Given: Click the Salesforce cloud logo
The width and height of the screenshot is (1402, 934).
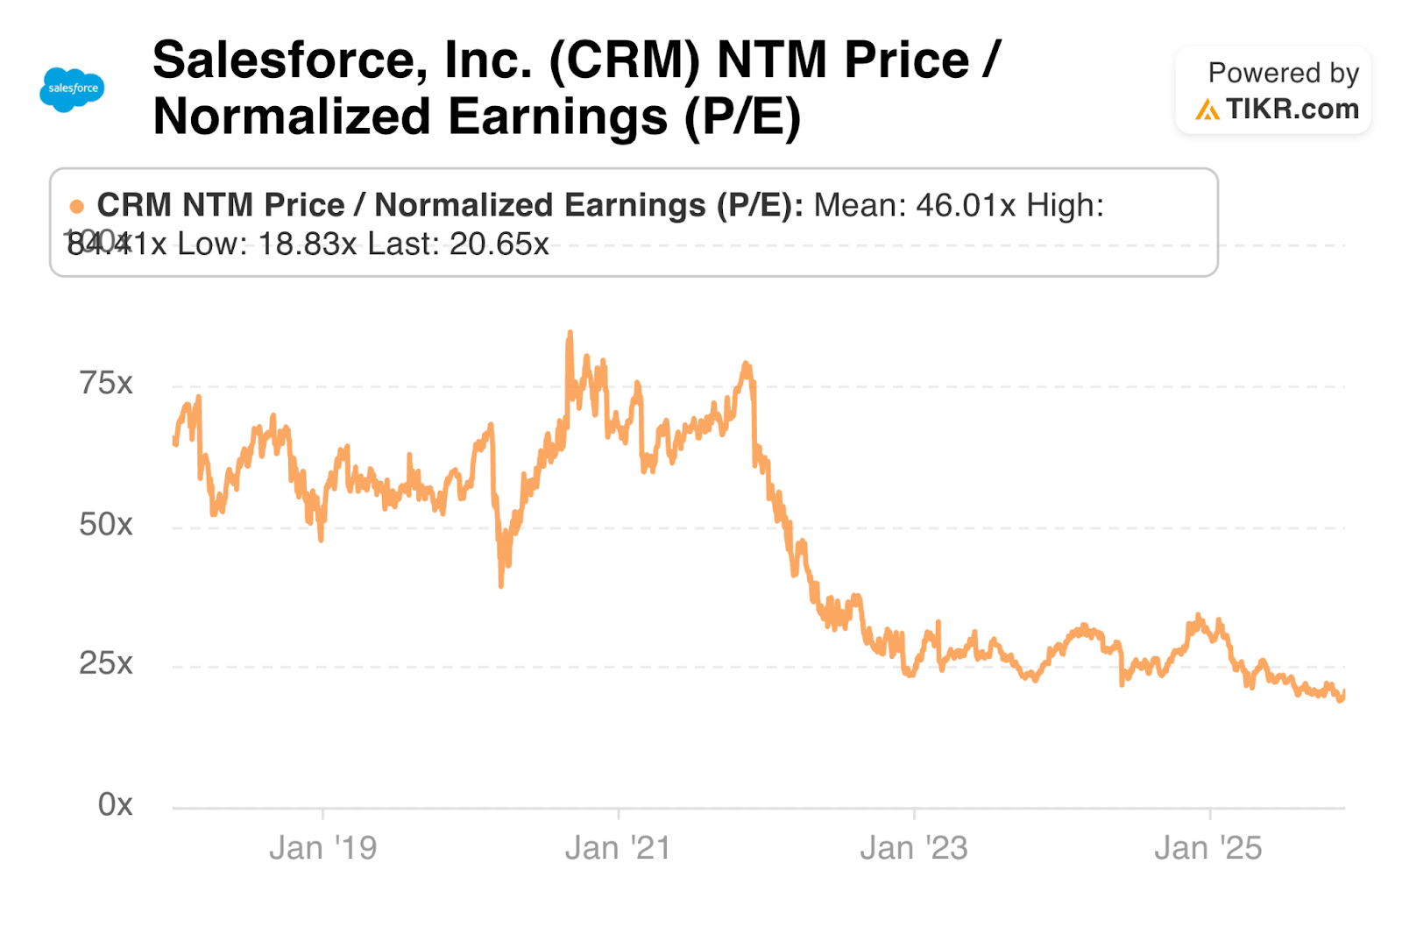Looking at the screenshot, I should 72,89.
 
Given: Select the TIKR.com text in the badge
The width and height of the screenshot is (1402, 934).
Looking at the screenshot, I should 1292,110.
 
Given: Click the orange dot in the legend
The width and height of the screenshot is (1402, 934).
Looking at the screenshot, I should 77,207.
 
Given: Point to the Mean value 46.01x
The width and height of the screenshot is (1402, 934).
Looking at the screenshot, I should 966,206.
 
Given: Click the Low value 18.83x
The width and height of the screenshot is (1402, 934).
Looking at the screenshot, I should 308,244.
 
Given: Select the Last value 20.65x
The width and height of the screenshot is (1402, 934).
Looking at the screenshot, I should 499,244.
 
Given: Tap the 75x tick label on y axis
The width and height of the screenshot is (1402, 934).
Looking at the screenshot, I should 106,383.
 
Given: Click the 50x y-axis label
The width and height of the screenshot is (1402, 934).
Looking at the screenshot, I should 106,524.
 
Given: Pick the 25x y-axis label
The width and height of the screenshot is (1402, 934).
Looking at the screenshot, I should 106,663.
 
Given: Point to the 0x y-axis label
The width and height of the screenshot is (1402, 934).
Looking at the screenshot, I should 115,803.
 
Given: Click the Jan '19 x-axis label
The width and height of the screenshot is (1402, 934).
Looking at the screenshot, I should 322,848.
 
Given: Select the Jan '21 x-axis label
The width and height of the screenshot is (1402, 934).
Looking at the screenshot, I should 618,848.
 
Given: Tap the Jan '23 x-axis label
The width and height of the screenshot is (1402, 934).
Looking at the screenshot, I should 914,848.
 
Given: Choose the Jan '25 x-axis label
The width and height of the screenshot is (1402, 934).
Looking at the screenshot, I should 1208,848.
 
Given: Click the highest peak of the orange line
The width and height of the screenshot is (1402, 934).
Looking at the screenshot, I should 570,333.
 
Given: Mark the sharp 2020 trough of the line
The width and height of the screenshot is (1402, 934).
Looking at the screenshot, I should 501,584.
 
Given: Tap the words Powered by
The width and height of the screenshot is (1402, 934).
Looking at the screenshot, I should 1283,73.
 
